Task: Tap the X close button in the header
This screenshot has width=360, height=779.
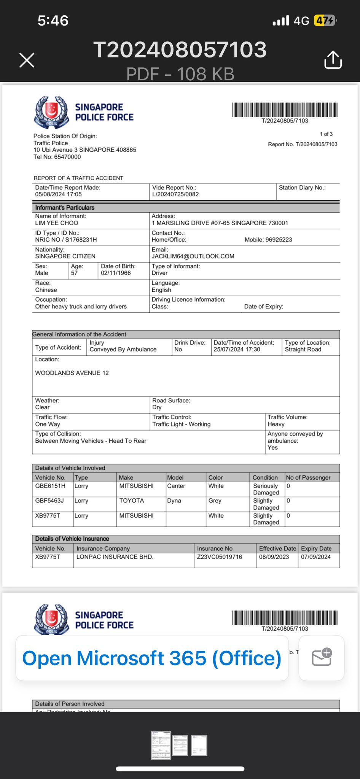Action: tap(27, 60)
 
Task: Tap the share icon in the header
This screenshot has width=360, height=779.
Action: tap(333, 60)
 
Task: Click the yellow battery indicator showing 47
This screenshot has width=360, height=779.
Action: tap(324, 20)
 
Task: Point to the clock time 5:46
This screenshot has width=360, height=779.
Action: tap(53, 21)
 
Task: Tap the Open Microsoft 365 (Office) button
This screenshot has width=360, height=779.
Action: tap(152, 658)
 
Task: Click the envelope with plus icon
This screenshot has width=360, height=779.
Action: tap(322, 658)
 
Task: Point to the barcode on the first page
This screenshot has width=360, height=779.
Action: tap(285, 110)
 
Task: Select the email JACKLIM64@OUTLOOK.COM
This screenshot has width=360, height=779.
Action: tap(193, 256)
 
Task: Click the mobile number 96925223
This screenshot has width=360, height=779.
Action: tap(279, 240)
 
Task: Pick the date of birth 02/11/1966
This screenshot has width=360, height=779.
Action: tap(116, 273)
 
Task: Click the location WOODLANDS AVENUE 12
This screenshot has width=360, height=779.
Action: tap(72, 373)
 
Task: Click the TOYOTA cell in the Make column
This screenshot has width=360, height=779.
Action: tap(132, 501)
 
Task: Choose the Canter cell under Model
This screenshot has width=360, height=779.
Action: tap(176, 486)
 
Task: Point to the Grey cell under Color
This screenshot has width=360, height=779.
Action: tap(215, 501)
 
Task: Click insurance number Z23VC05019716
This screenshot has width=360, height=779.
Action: tap(220, 557)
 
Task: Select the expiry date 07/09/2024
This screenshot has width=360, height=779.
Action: tap(316, 557)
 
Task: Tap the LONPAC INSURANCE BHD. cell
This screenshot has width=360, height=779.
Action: tap(115, 557)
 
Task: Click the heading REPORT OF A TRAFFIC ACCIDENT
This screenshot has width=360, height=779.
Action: tap(78, 178)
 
